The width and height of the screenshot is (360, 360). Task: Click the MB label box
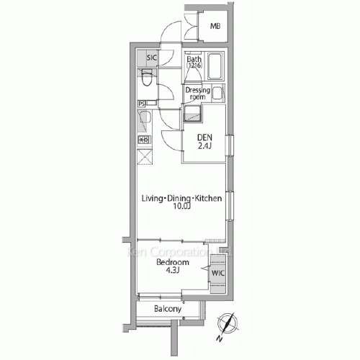click(215, 27)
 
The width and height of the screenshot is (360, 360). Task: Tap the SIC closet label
click(152, 58)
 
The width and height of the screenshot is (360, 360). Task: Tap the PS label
click(141, 104)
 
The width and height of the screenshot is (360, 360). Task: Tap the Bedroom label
click(172, 263)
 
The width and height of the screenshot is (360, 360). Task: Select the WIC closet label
click(217, 273)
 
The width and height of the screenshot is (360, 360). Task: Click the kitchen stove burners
click(144, 140)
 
